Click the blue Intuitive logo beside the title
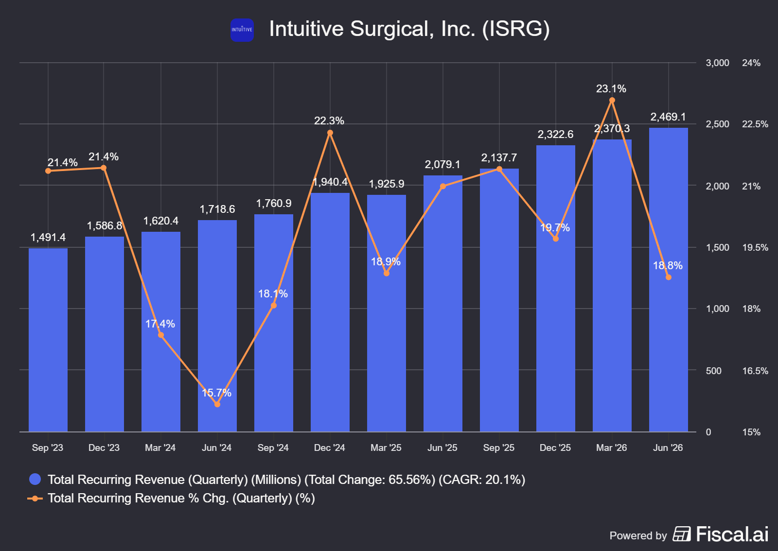point(242,30)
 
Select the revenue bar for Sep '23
point(48,340)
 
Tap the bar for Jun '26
point(668,280)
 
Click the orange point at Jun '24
point(217,404)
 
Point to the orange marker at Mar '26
point(612,100)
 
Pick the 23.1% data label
point(611,89)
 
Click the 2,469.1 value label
point(668,117)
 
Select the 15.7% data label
point(216,393)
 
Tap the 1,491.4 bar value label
point(48,237)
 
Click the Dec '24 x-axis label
point(329,448)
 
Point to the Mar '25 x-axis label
point(386,448)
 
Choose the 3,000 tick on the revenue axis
point(717,63)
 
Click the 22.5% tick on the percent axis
point(755,124)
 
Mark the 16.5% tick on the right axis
point(755,371)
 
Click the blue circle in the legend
point(35,479)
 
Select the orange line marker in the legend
point(35,499)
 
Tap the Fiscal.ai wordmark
point(732,534)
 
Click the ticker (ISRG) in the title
point(516,29)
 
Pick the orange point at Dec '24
point(330,133)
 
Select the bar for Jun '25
point(443,304)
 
